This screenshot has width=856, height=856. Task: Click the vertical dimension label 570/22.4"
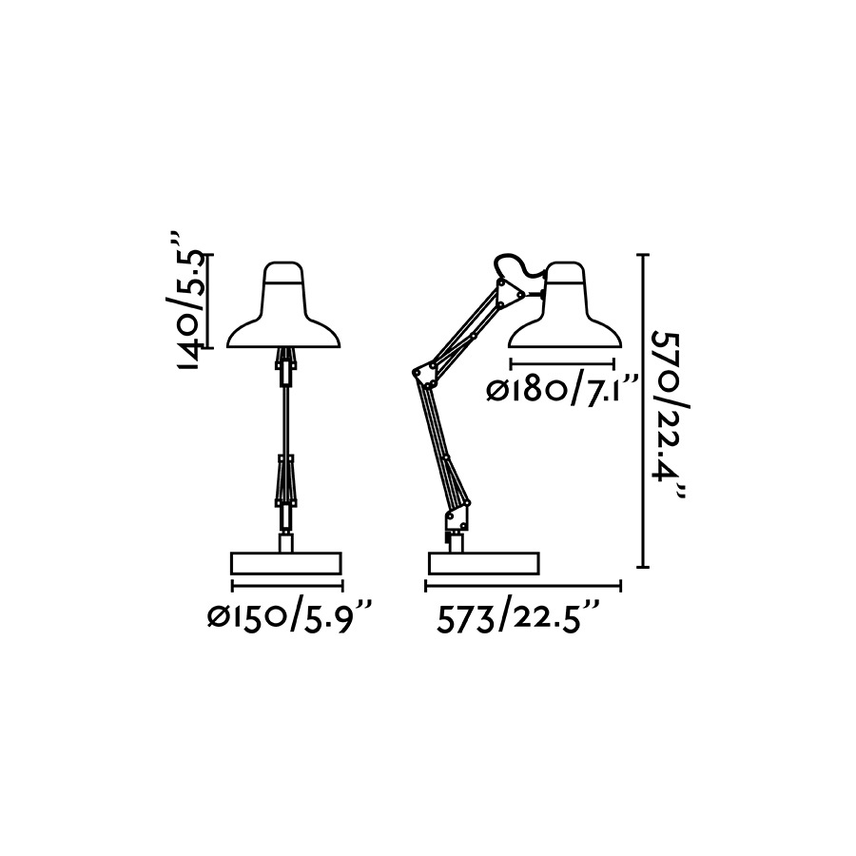(x=670, y=415)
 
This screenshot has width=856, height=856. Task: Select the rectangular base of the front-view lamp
(x=286, y=563)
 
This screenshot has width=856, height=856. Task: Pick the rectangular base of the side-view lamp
(x=484, y=563)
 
